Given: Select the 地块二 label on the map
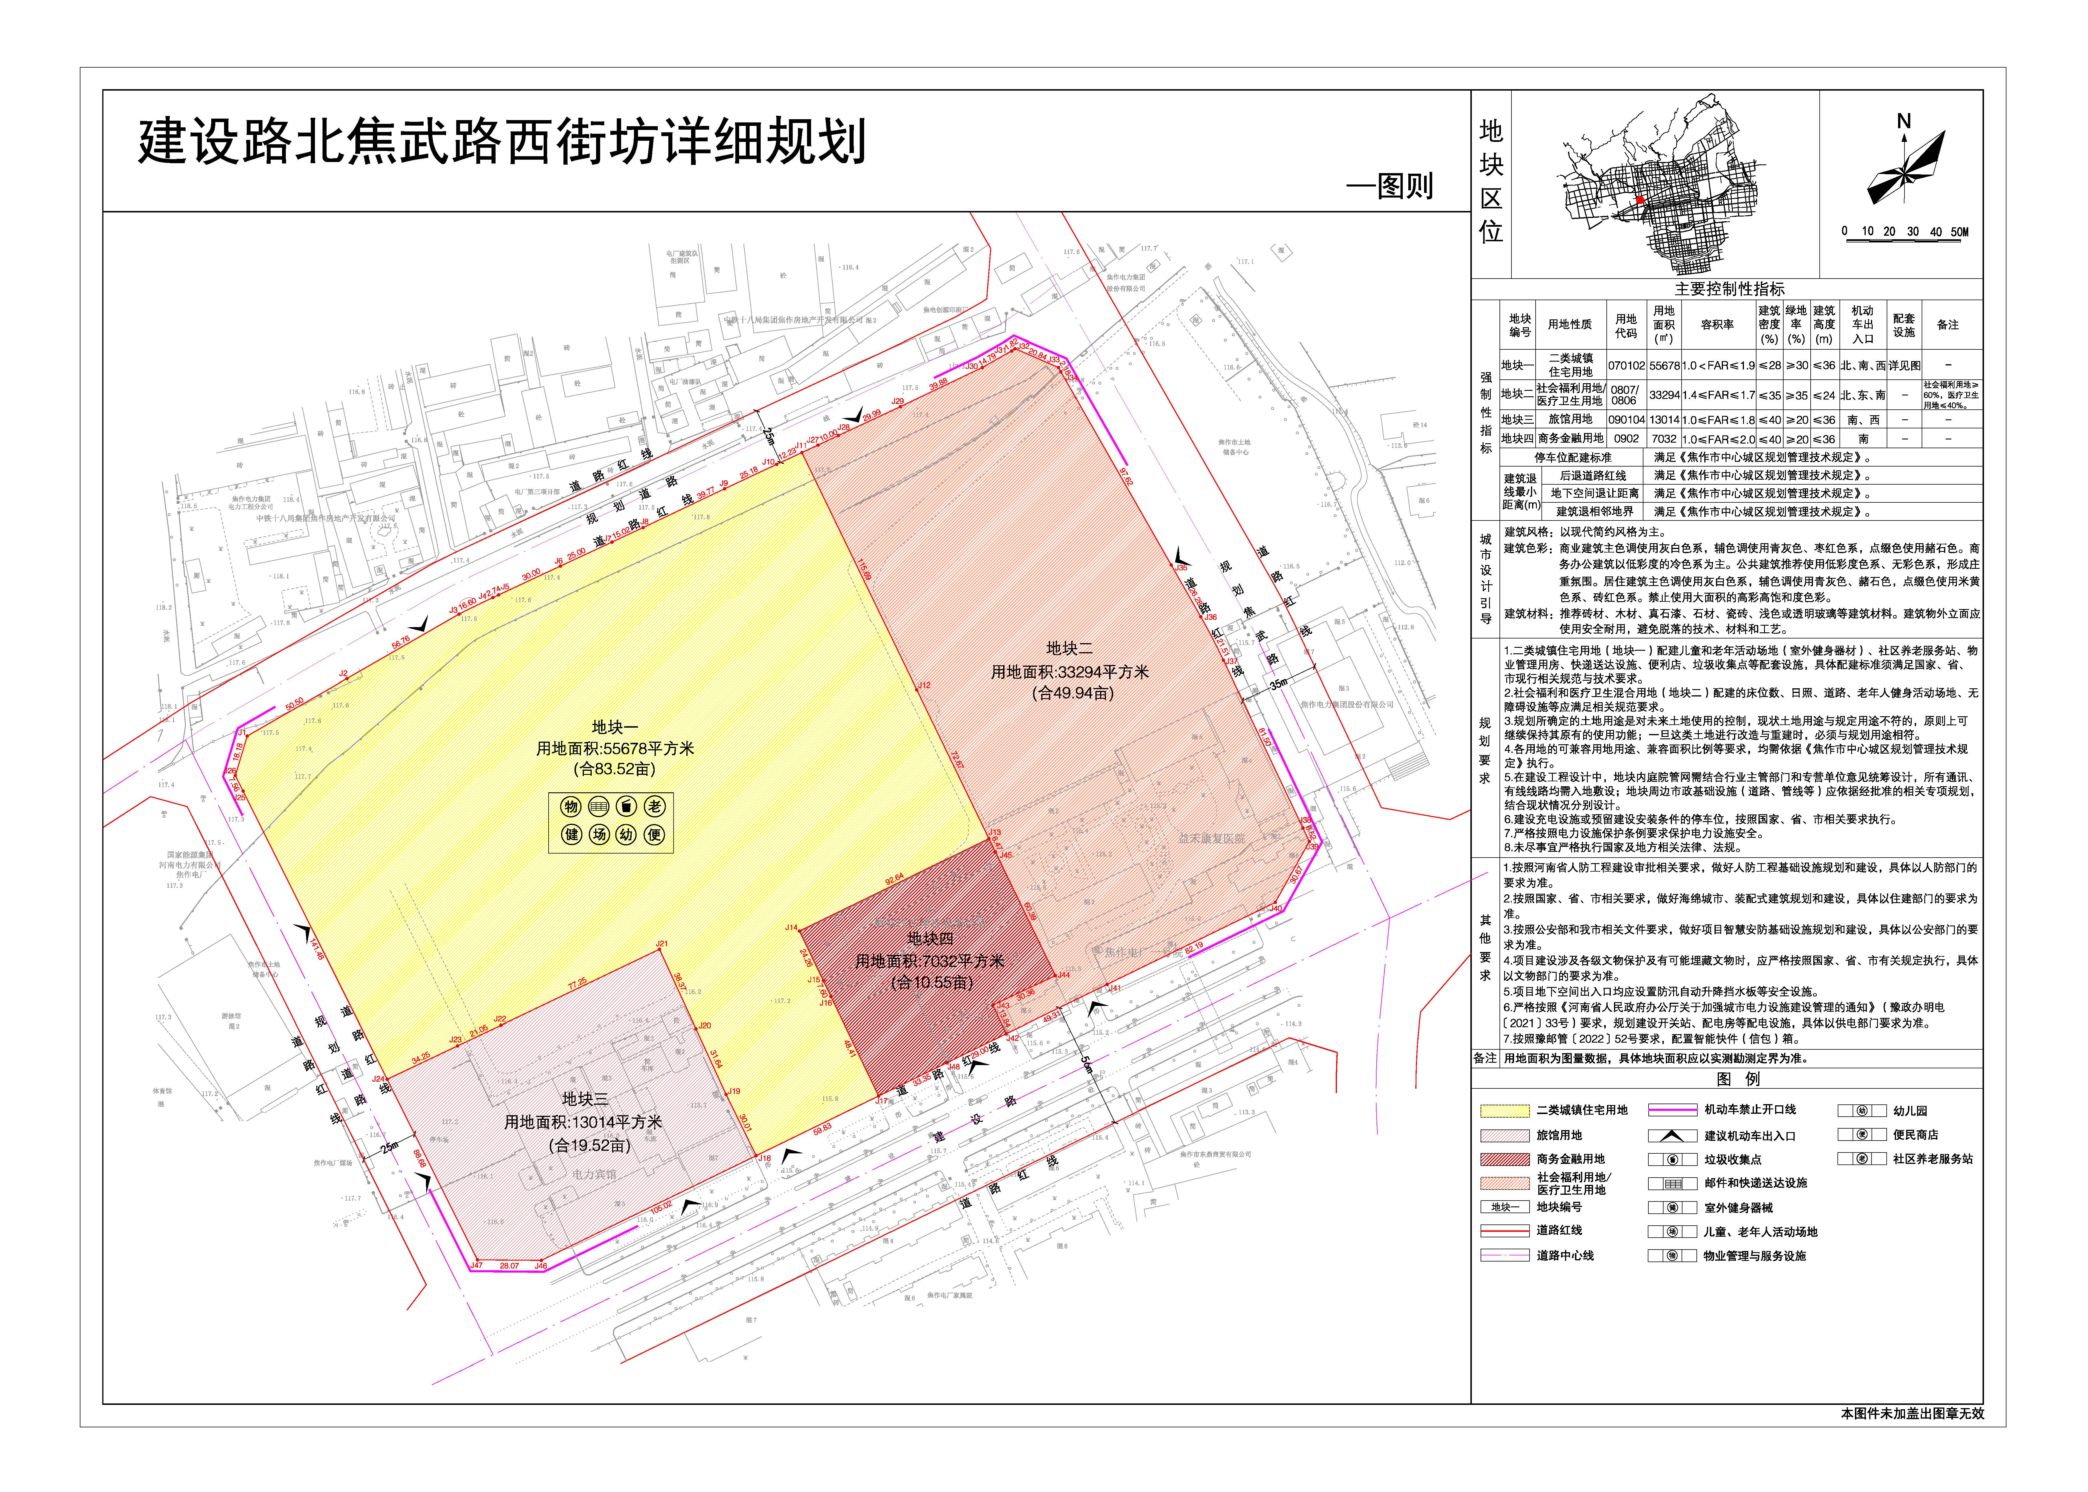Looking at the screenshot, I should [1069, 649].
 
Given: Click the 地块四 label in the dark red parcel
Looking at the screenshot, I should [930, 938].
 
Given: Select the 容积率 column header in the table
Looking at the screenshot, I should [1717, 324].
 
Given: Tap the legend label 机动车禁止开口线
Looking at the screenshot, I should [1750, 1110].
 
